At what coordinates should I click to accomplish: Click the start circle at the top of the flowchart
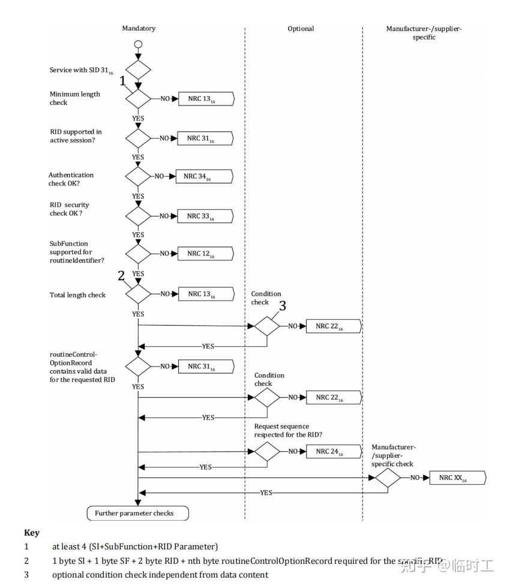138,44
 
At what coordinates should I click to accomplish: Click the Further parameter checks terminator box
138,513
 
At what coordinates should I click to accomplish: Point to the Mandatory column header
139,28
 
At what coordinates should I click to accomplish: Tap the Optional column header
301,28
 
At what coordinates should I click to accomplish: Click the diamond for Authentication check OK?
138,176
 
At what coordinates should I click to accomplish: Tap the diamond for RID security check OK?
138,216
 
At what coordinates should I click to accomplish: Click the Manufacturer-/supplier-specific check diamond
388,478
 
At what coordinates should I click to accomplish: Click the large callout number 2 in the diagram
121,276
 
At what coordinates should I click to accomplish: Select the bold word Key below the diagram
32,533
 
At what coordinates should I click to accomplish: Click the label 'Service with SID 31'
81,71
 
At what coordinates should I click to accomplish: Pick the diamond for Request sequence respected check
267,452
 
